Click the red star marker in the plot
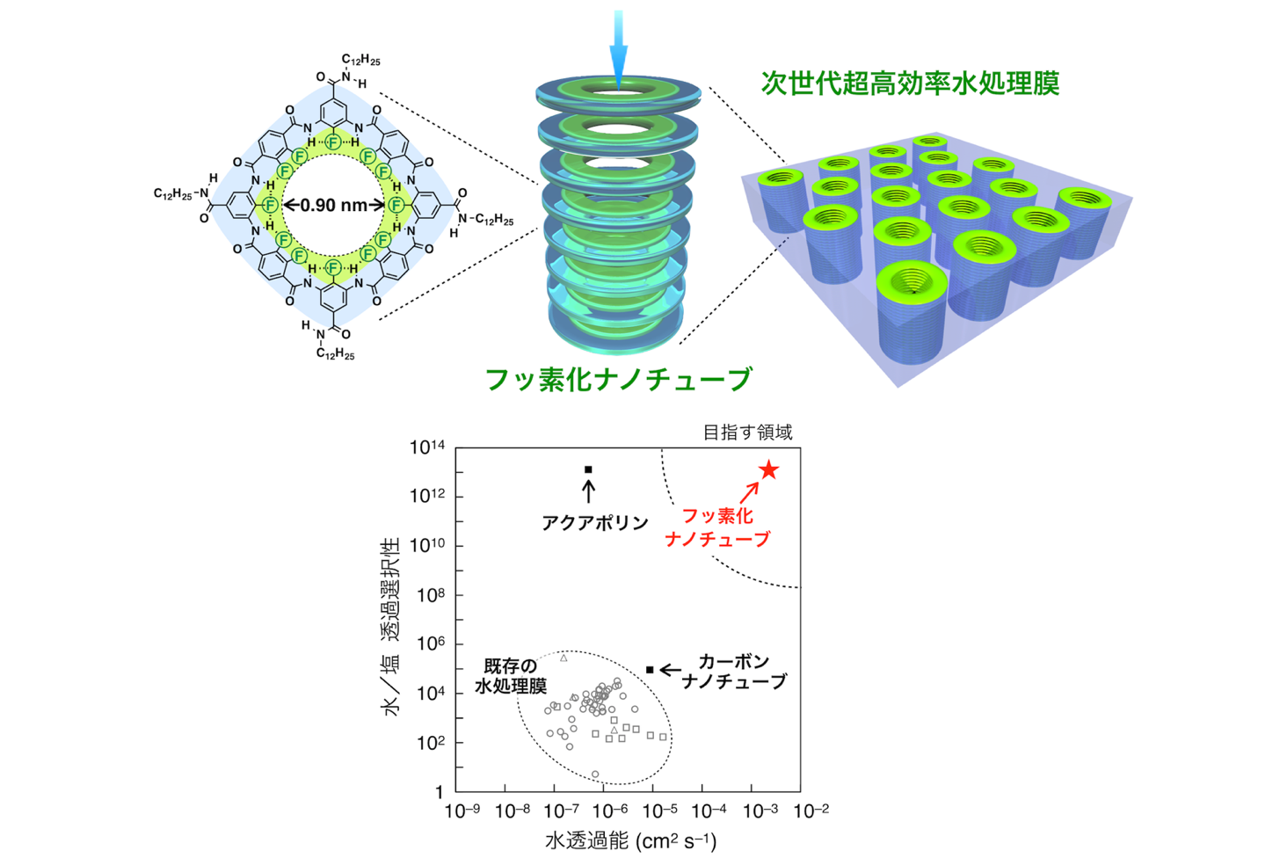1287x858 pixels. coord(768,470)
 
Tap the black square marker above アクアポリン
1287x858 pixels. coord(588,469)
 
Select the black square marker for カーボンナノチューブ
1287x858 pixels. coord(650,670)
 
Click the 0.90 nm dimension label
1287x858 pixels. coord(333,205)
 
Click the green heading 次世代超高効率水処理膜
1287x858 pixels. coord(910,83)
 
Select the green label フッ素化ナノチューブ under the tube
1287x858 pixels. coord(619,379)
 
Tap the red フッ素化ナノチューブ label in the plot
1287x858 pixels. coord(717,527)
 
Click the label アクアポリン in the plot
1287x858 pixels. coord(594,523)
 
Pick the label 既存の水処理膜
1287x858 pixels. coord(511,675)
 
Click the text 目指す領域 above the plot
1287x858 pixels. coord(747,432)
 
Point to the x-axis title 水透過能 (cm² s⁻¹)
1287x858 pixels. coord(629,840)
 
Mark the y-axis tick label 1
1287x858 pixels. coord(440,792)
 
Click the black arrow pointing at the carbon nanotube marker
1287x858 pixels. coord(671,670)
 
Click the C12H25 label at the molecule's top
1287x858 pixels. coord(360,60)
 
